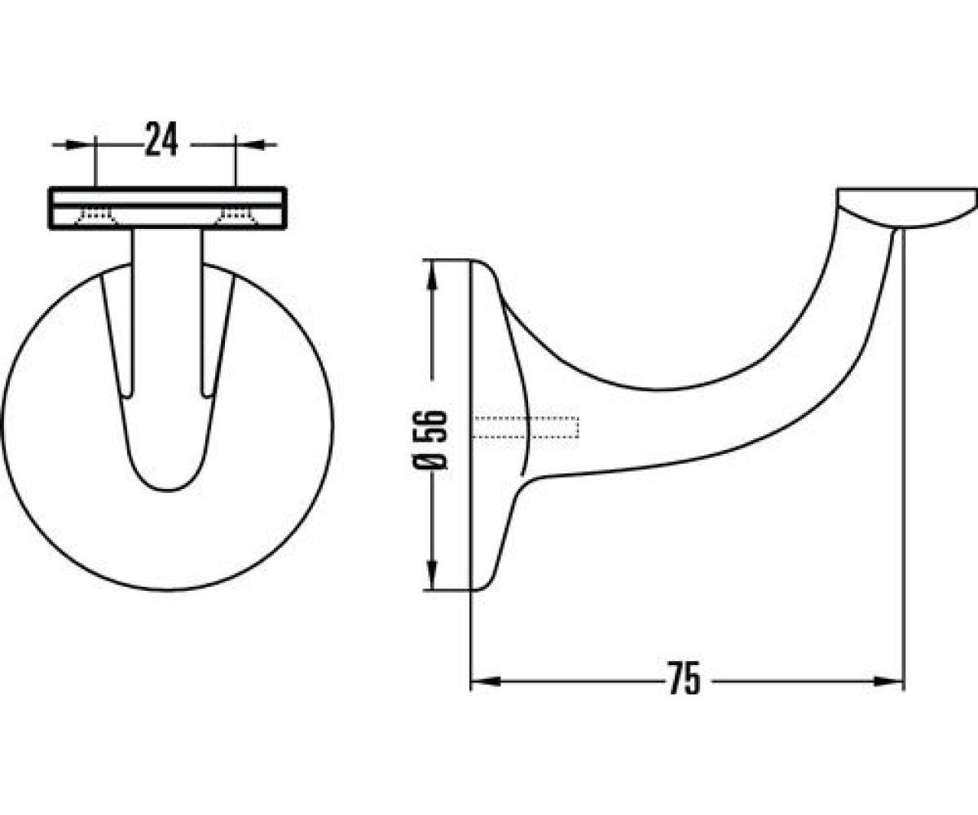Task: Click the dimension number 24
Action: [x=161, y=139]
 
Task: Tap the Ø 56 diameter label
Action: [x=430, y=439]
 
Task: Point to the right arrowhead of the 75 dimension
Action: [x=888, y=681]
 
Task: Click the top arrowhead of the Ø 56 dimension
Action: [x=431, y=276]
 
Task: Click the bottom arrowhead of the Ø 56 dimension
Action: [x=431, y=574]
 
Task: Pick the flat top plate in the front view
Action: [x=168, y=208]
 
